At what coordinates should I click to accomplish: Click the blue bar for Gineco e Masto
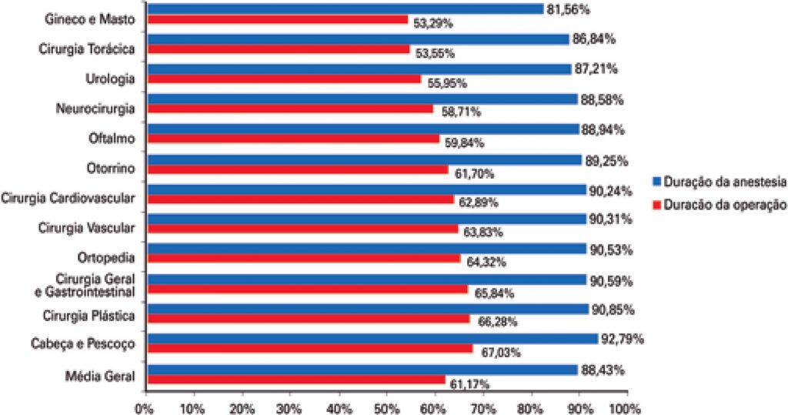tap(346, 9)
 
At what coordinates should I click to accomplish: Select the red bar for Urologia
tap(284, 79)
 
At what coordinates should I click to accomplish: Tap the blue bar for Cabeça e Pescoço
tap(372, 338)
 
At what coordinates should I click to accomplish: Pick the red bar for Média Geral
tap(297, 379)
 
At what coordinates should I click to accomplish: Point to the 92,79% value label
tap(622, 339)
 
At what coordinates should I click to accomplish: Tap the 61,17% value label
tap(469, 383)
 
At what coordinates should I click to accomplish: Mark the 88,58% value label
tap(601, 99)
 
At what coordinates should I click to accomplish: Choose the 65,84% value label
tap(492, 293)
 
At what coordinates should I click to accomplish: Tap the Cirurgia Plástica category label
tap(89, 316)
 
